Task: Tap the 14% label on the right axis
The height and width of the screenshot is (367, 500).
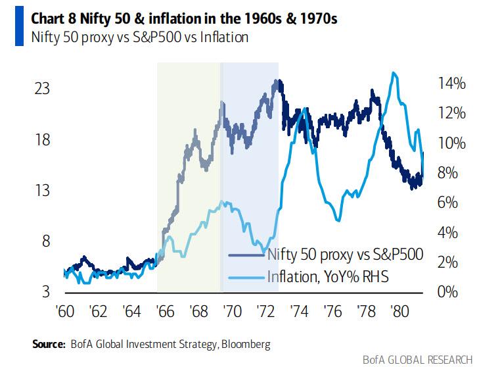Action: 453,84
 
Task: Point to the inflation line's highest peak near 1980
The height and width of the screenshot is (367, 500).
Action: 394,73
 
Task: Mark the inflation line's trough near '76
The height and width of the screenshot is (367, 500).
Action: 338,220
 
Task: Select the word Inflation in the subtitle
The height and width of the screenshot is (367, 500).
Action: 224,37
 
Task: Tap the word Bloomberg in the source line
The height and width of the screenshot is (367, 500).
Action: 246,344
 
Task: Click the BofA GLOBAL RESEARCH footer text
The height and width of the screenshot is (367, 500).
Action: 417,359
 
